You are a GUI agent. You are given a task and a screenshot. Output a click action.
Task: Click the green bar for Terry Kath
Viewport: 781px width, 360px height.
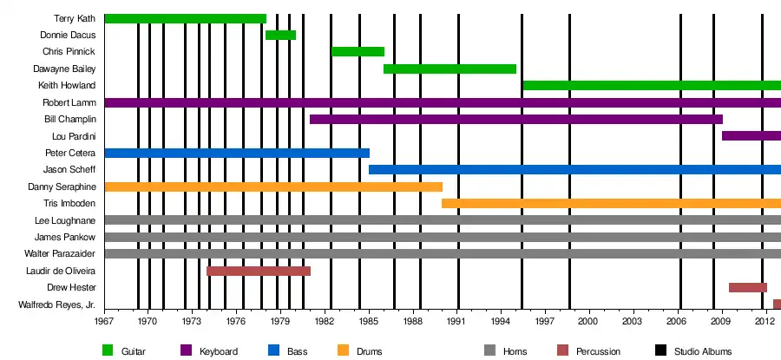pos(185,18)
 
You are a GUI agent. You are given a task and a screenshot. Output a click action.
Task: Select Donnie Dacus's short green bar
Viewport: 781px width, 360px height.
pos(280,35)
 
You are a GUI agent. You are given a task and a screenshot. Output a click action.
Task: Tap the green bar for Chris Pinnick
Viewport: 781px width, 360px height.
pos(358,51)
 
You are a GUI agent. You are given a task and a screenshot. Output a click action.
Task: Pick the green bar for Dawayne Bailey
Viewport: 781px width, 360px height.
pos(450,69)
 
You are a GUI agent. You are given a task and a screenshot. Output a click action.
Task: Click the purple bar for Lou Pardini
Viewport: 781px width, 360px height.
pos(751,135)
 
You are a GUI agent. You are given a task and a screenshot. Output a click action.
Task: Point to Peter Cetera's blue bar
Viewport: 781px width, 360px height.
pos(237,153)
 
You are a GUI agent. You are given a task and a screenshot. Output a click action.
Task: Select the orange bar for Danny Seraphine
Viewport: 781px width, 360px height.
pos(273,187)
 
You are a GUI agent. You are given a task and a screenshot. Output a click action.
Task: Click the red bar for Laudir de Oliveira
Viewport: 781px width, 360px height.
pos(259,271)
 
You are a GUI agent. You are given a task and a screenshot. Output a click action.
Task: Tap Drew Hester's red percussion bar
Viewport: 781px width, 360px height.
pos(747,287)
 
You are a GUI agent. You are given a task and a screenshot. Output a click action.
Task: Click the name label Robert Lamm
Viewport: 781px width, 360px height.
pos(74,102)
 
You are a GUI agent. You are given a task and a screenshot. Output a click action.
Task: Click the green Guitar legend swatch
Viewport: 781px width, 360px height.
pos(108,350)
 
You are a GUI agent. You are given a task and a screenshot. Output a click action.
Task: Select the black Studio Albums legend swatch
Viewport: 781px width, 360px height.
pos(660,350)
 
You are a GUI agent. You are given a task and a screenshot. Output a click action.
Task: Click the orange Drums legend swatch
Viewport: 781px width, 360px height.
pos(342,350)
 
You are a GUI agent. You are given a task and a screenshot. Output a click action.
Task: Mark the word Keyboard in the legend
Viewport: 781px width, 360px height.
pos(219,350)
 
